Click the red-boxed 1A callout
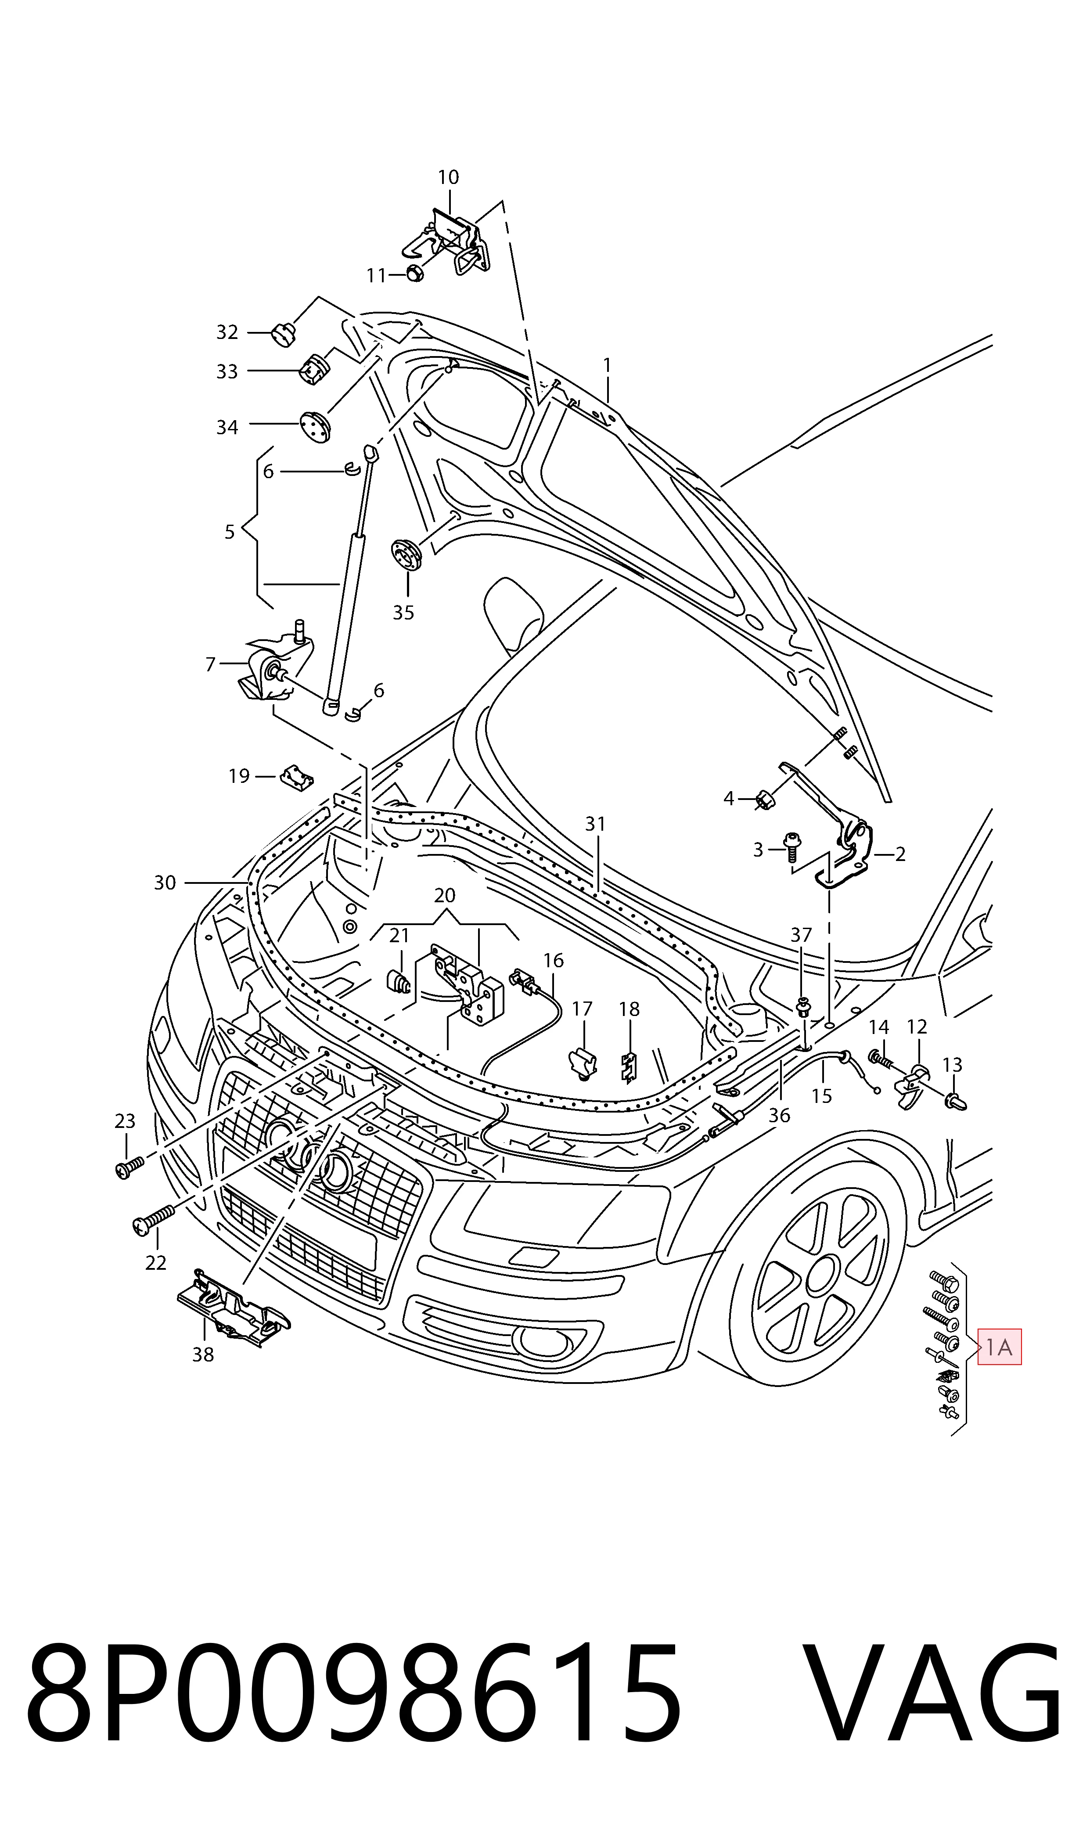click(x=999, y=1348)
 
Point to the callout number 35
click(x=403, y=612)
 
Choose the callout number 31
click(x=595, y=824)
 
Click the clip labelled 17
click(x=583, y=1063)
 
